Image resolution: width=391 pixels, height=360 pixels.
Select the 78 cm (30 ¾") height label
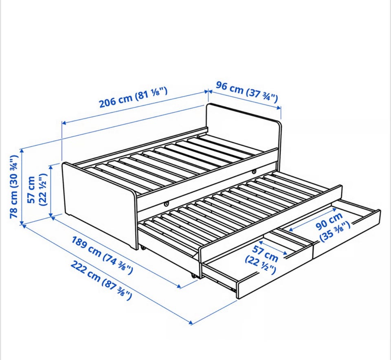pyautogui.click(x=14, y=187)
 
